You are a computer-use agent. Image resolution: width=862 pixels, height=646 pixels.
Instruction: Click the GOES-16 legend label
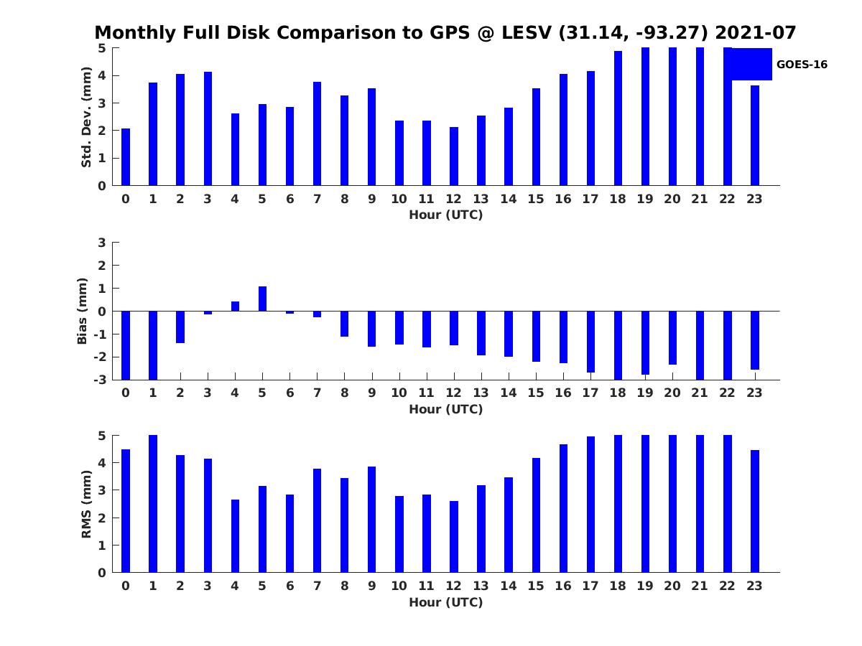tap(802, 65)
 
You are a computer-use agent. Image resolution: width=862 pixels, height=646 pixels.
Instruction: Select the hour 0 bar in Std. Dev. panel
tap(126, 157)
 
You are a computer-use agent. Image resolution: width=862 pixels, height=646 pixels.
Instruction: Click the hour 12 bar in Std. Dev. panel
tap(454, 156)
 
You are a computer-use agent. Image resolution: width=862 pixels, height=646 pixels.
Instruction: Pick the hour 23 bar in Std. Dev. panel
tap(755, 136)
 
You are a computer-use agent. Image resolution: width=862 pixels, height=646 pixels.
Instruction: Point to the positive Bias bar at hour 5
tap(262, 299)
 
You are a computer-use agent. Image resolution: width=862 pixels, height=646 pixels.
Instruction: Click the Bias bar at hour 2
tap(180, 327)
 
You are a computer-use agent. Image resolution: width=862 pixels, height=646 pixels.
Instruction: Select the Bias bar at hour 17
tap(590, 342)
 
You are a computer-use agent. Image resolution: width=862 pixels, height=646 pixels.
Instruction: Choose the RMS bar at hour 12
tap(454, 537)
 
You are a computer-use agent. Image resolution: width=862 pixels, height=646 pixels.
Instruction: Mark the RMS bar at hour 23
tap(755, 511)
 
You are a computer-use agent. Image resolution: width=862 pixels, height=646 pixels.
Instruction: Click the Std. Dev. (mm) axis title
tap(86, 117)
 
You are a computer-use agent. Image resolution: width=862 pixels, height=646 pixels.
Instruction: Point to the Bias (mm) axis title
tap(83, 311)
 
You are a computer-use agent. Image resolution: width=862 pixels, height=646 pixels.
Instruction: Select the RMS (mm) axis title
tap(86, 504)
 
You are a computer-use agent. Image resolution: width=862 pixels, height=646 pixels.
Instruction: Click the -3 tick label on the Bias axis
tap(101, 380)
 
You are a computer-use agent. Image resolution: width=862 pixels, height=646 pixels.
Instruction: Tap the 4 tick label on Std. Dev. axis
tap(102, 75)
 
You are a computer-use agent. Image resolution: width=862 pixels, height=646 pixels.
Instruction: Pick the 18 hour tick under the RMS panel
tap(618, 586)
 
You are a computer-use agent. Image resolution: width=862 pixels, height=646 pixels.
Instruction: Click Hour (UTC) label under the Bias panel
tap(445, 409)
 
